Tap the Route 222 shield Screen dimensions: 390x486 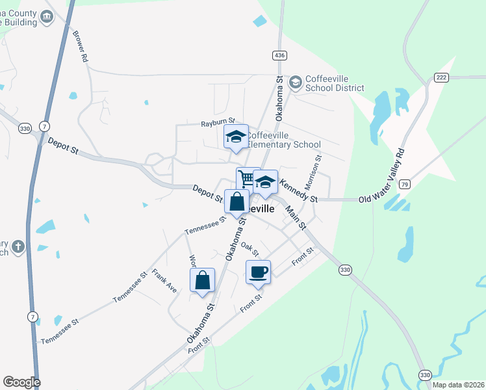coord(442,77)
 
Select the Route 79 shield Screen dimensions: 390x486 coord(404,185)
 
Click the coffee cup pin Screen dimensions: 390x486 coord(258,272)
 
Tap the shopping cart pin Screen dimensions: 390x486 coord(247,179)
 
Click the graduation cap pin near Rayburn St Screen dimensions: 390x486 coord(236,137)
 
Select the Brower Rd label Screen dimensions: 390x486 coord(81,46)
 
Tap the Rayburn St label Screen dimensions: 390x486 coord(216,123)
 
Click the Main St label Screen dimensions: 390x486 coord(294,217)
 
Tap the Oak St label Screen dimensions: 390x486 coord(250,248)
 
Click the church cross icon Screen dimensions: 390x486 coord(19,247)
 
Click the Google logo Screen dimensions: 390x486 coord(21,382)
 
